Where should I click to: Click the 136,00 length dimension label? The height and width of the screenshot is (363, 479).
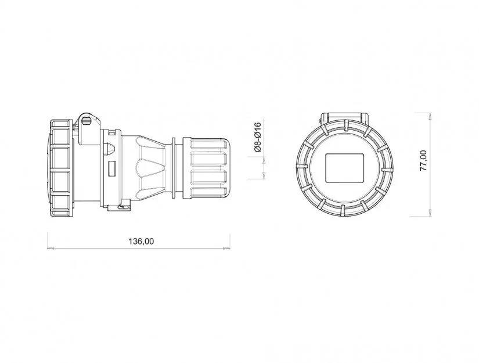click(141, 242)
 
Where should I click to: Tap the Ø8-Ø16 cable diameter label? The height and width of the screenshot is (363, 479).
click(258, 137)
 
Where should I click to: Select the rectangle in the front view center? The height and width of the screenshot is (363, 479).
click(345, 168)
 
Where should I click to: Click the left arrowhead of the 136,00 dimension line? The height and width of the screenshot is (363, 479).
click(51, 248)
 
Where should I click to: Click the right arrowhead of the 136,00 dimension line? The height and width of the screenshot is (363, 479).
click(226, 248)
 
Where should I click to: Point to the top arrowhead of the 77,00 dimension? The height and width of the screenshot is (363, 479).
click(430, 116)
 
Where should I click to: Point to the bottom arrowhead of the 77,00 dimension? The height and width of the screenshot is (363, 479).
click(430, 213)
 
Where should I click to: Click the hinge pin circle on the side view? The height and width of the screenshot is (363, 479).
click(86, 121)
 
